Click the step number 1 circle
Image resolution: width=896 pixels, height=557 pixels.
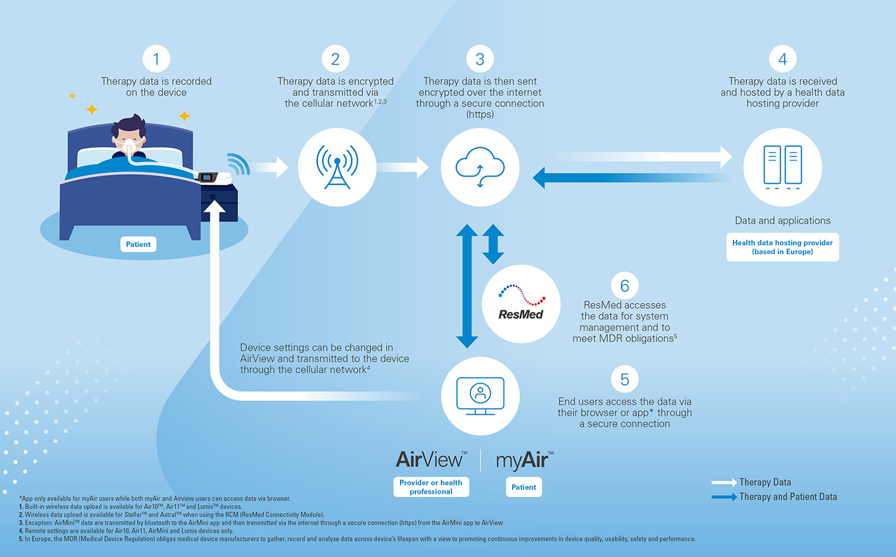[x=156, y=60]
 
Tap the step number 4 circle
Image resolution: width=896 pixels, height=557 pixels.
[x=782, y=60]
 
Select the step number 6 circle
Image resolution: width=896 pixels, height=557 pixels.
[x=625, y=286]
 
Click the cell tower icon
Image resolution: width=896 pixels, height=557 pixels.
[x=337, y=167]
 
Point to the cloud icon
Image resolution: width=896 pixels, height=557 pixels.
[x=480, y=167]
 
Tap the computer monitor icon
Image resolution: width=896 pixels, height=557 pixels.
[x=480, y=396]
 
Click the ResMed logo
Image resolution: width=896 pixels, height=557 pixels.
[x=521, y=304]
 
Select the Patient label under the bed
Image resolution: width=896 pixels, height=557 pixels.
[x=138, y=244]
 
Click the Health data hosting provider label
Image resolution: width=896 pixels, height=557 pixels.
[x=782, y=247]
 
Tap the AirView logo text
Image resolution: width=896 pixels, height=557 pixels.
[x=431, y=460]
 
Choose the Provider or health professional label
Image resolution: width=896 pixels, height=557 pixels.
[x=431, y=487]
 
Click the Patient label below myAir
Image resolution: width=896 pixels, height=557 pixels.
[x=524, y=487]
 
